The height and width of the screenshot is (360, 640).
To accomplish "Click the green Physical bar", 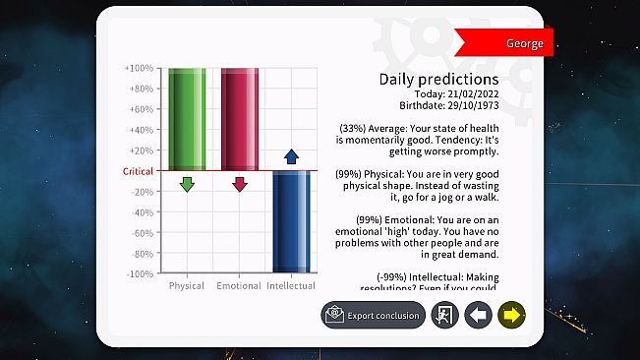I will tap(187, 119).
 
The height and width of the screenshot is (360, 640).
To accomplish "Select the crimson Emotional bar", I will tap(239, 119).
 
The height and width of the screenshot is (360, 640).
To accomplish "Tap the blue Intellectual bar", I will tap(291, 221).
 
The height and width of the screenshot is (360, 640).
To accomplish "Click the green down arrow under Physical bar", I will tap(187, 184).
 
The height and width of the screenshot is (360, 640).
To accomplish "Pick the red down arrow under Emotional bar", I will tap(239, 184).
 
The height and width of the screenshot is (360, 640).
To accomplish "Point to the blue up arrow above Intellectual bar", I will tap(291, 156).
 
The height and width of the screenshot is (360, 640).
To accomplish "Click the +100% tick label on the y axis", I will tap(138, 68).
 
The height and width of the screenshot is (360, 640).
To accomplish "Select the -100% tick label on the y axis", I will tap(138, 273).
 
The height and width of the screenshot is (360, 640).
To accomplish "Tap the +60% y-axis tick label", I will tap(140, 109).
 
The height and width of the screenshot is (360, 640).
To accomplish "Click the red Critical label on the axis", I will tap(138, 171).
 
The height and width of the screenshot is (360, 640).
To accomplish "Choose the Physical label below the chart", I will tap(187, 286).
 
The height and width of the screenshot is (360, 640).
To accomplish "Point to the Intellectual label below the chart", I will tap(291, 286).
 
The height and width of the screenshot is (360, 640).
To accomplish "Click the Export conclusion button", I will tap(374, 315).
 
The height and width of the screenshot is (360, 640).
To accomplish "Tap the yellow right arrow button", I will tap(511, 315).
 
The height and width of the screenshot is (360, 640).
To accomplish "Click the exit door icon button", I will tap(444, 315).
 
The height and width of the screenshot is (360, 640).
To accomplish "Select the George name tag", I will tap(523, 43).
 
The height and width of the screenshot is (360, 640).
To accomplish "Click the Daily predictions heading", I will tap(438, 78).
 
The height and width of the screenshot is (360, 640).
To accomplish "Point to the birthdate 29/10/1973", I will tap(467, 105).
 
